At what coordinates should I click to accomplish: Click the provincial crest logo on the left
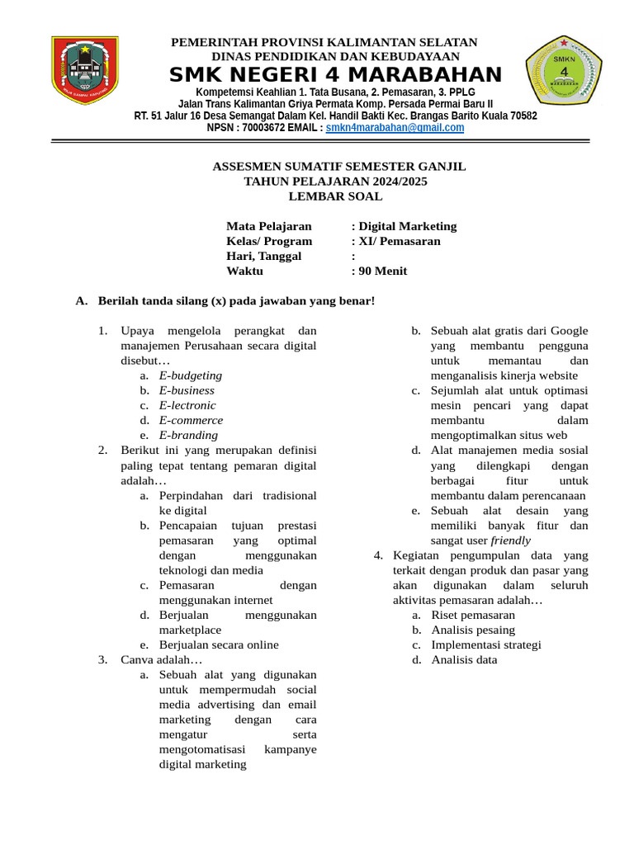point(84,69)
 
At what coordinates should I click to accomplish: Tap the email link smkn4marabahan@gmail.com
point(395,128)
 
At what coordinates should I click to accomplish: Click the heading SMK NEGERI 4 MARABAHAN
point(335,75)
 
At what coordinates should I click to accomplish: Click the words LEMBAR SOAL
point(335,196)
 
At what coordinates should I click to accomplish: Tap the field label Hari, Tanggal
point(264,256)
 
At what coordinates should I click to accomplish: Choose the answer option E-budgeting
point(191,375)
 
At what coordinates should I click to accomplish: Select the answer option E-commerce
point(191,420)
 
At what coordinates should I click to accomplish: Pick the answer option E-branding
point(188,435)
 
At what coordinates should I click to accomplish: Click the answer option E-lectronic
point(187,405)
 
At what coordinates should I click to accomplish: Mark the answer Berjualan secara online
point(219,644)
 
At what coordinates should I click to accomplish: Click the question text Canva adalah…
point(161,659)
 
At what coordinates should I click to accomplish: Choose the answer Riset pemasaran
point(473,615)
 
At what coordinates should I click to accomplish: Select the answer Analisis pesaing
point(473,630)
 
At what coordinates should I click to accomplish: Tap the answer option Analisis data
point(464,659)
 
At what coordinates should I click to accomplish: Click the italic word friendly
point(511,541)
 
